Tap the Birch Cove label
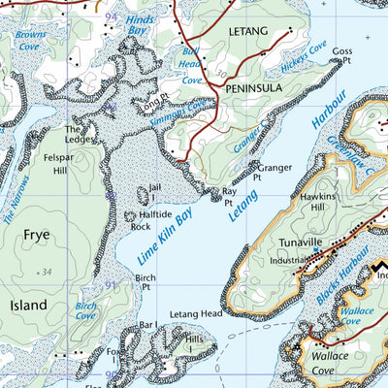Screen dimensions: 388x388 click(x=86, y=310)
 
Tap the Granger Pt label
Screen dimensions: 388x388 click(x=274, y=172)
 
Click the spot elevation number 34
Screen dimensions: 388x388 click(x=46, y=273)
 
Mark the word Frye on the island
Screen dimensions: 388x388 click(x=36, y=235)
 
